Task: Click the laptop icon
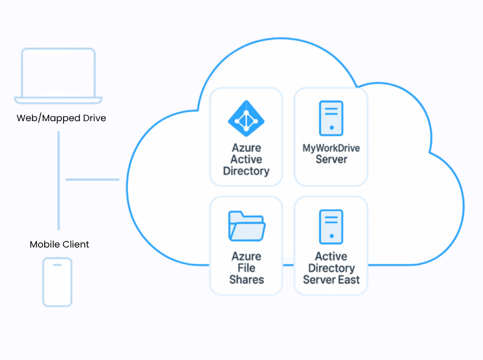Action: pyautogui.click(x=58, y=74)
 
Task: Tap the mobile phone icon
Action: pyautogui.click(x=57, y=282)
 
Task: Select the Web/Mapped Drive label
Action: pyautogui.click(x=61, y=118)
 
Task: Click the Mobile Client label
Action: pyautogui.click(x=60, y=244)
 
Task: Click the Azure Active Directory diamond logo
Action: pyautogui.click(x=246, y=119)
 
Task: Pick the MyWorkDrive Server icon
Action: pyautogui.click(x=331, y=118)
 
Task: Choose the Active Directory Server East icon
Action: pyautogui.click(x=331, y=226)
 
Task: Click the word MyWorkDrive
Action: pyautogui.click(x=331, y=148)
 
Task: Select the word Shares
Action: pyautogui.click(x=246, y=280)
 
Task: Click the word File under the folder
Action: pyautogui.click(x=246, y=268)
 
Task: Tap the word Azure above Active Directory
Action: pyautogui.click(x=246, y=148)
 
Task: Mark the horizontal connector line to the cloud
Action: pyautogui.click(x=92, y=180)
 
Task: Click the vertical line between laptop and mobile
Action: pyautogui.click(x=59, y=180)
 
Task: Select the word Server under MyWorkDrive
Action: pyautogui.click(x=331, y=160)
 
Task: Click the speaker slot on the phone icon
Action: pyautogui.click(x=57, y=265)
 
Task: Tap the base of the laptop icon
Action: pyautogui.click(x=58, y=100)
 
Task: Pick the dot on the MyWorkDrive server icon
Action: pyautogui.click(x=332, y=127)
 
